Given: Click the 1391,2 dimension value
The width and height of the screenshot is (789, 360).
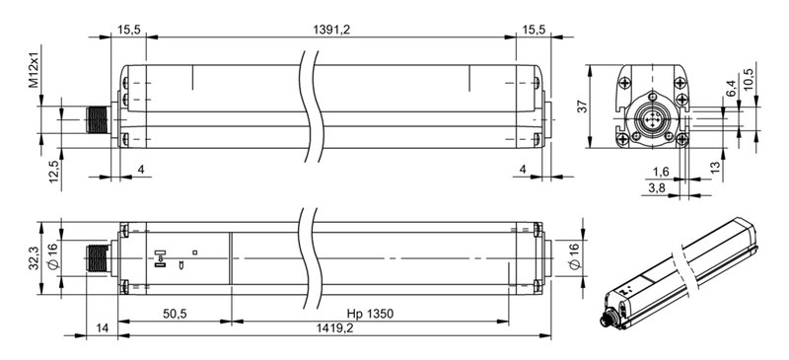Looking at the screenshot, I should pyautogui.click(x=331, y=31).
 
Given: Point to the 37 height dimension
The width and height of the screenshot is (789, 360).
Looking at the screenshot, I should pyautogui.click(x=581, y=107).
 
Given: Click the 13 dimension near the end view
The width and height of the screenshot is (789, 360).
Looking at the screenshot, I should pyautogui.click(x=714, y=167).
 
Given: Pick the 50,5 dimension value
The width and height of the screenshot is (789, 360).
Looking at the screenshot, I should pyautogui.click(x=175, y=314).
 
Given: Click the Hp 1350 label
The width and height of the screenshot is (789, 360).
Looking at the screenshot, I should pyautogui.click(x=370, y=314).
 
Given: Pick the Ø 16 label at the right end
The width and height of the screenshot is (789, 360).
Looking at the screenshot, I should pyautogui.click(x=575, y=259).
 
